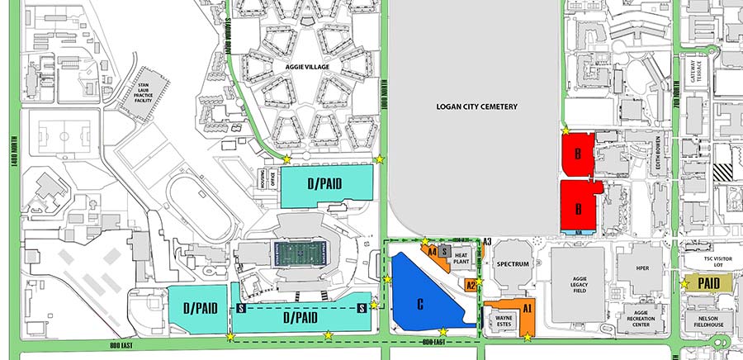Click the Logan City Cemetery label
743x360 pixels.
(476, 107)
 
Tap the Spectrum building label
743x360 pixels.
(513, 265)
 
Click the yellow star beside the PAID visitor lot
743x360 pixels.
(684, 283)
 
